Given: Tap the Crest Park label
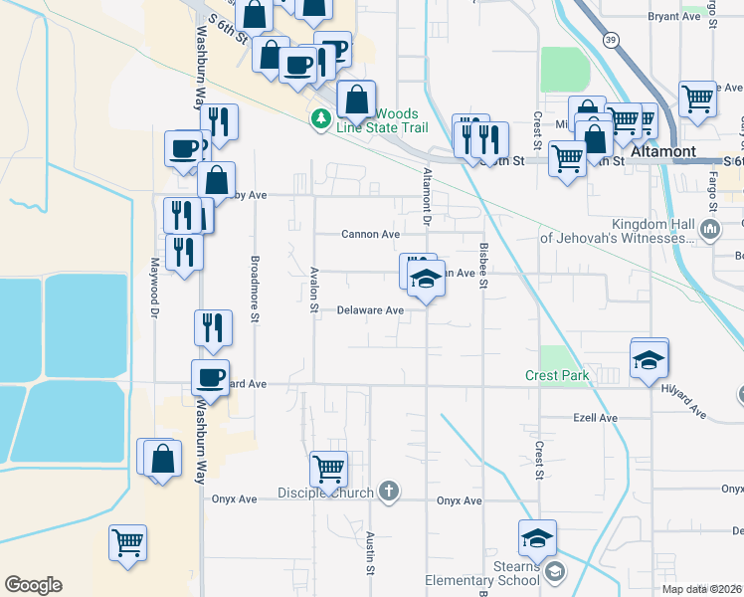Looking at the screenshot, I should click(x=557, y=376).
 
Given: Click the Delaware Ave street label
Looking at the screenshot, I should click(x=370, y=310).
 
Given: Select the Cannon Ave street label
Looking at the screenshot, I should click(x=370, y=235).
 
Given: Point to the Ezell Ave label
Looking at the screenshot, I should click(x=596, y=418).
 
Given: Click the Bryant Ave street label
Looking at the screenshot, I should click(x=674, y=17).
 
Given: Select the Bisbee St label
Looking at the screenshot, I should click(x=484, y=267).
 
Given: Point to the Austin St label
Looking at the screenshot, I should click(x=369, y=552).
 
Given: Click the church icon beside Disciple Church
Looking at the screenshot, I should click(x=389, y=492).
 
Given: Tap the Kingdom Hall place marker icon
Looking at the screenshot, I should click(x=710, y=231).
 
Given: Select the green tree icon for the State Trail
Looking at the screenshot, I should click(x=320, y=120).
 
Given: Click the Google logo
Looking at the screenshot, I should click(x=33, y=585).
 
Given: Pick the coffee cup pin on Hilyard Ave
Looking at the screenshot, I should click(x=210, y=376).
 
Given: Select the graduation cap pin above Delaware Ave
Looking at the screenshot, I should click(x=426, y=280).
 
